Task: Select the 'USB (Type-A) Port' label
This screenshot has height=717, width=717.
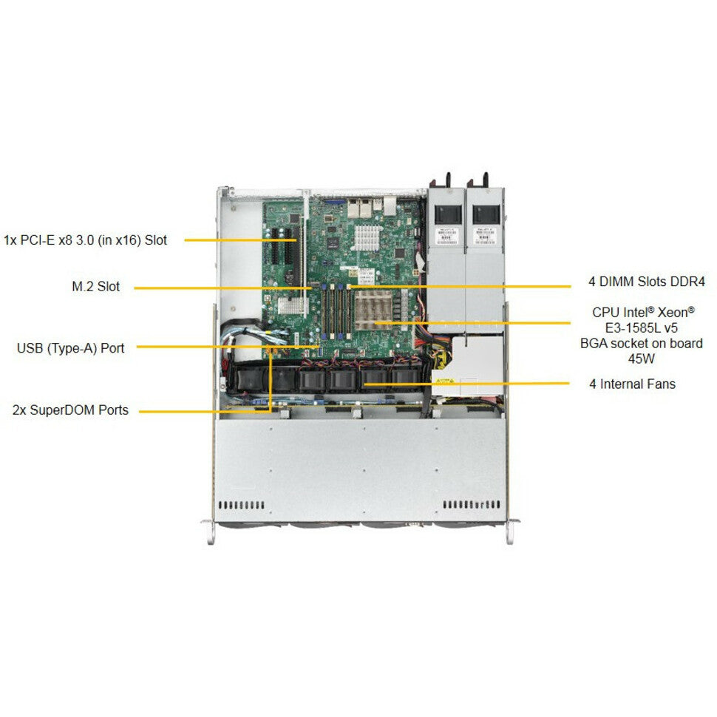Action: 71,347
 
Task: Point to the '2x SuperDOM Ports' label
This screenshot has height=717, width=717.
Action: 70,410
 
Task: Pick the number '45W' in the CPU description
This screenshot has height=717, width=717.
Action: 642,359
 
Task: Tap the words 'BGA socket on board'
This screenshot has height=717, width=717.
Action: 642,344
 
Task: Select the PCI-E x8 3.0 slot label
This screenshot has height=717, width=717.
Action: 86,239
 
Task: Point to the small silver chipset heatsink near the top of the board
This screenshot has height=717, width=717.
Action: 368,237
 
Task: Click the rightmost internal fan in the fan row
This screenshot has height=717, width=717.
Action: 404,378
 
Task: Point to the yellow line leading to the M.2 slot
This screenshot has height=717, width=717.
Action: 222,287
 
